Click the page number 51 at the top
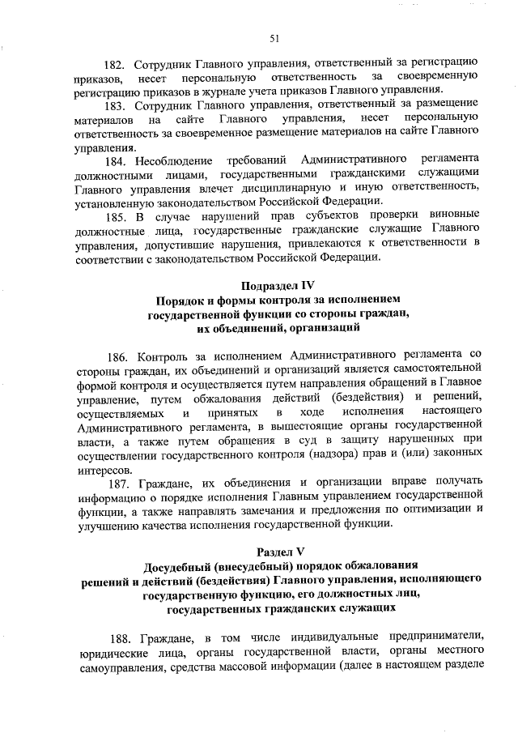[x=274, y=38]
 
